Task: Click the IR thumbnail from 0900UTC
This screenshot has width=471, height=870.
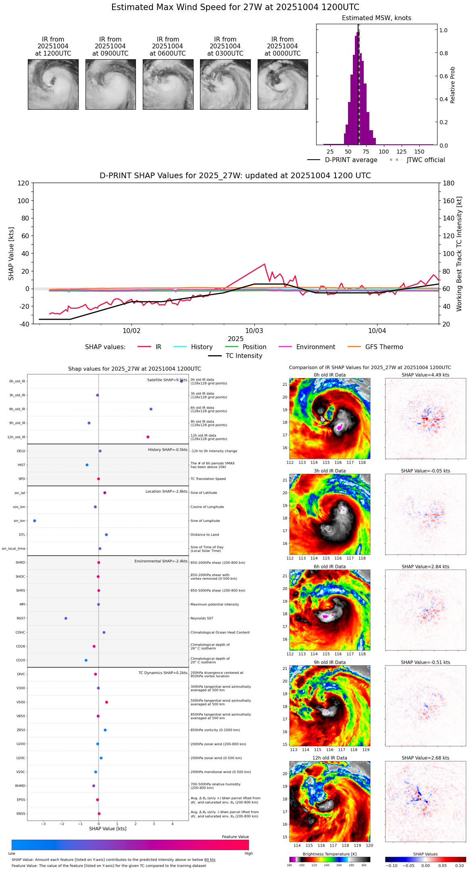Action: pyautogui.click(x=110, y=84)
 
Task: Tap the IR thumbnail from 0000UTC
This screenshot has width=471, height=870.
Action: pyautogui.click(x=283, y=84)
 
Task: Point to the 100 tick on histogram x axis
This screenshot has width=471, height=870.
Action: pyautogui.click(x=384, y=152)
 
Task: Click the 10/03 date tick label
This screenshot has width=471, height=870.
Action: pyautogui.click(x=254, y=331)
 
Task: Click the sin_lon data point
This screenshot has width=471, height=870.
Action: pyautogui.click(x=35, y=521)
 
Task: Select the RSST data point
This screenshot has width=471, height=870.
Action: pyautogui.click(x=66, y=618)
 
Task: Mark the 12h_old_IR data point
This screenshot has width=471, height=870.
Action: pyautogui.click(x=148, y=437)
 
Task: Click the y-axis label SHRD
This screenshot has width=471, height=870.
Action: pyautogui.click(x=20, y=563)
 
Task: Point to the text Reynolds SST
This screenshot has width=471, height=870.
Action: pyautogui.click(x=202, y=618)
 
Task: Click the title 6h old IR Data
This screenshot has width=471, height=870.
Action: pyautogui.click(x=329, y=567)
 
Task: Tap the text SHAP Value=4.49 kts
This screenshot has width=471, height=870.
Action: pyautogui.click(x=425, y=375)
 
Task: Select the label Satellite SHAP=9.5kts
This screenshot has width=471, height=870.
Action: pyautogui.click(x=167, y=380)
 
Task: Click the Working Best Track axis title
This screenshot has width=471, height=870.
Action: pyautogui.click(x=459, y=254)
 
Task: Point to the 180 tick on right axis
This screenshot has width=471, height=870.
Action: pyautogui.click(x=449, y=183)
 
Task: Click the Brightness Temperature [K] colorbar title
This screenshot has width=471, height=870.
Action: pyautogui.click(x=329, y=854)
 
